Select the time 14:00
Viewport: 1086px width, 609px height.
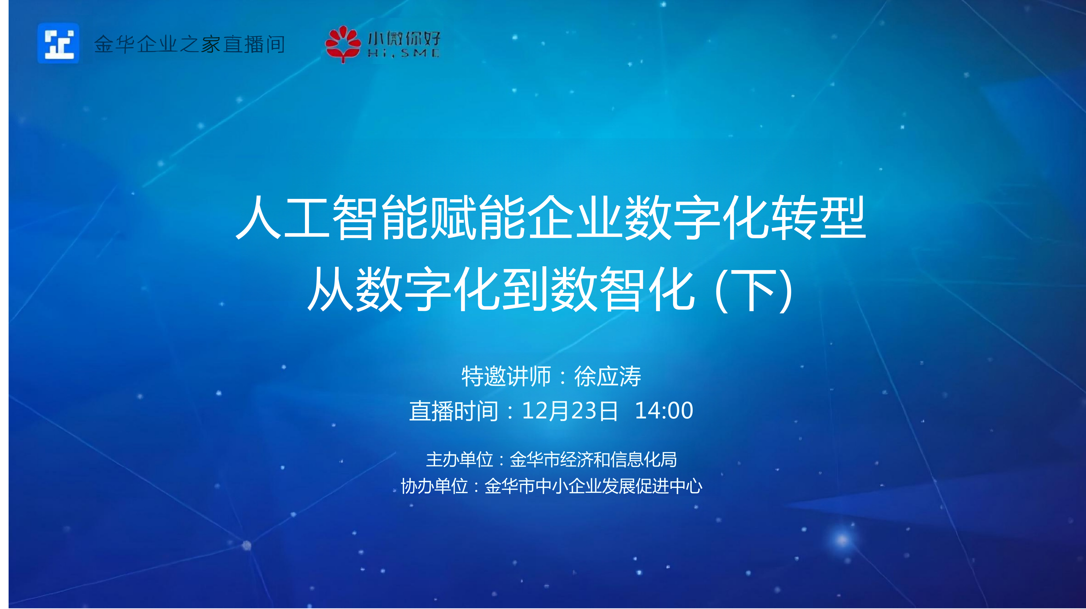click(x=664, y=410)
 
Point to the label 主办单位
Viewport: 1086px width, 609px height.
click(x=459, y=459)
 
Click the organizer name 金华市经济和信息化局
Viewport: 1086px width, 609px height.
click(x=593, y=459)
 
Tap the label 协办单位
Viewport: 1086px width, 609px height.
click(x=434, y=486)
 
